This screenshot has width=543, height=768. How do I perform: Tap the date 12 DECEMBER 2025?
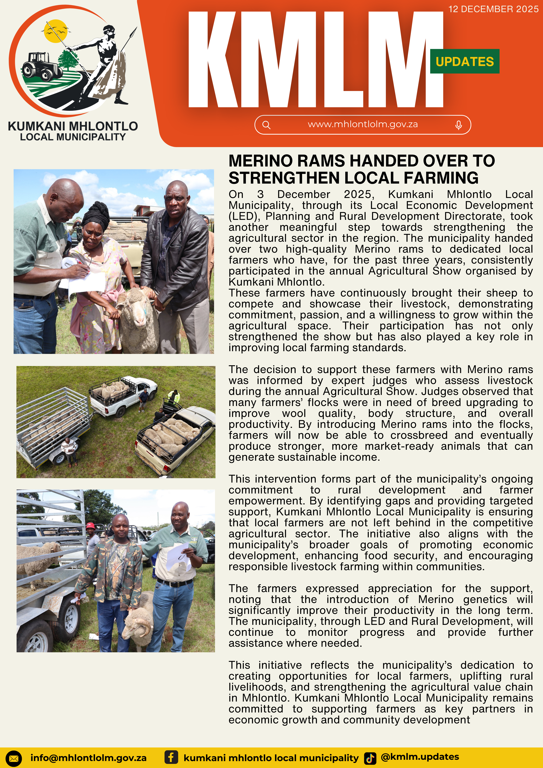493,9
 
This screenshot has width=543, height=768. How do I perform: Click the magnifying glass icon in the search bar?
266,125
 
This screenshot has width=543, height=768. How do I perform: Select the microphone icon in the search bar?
458,125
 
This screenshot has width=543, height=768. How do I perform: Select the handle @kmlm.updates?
420,757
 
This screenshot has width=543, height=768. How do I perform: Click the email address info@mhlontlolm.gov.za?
88,758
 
